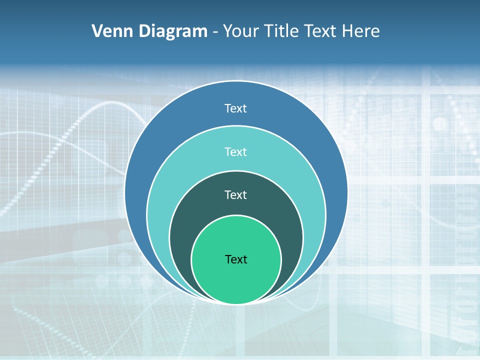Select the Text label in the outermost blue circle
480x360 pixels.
click(236, 108)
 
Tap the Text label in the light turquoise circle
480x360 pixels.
click(236, 151)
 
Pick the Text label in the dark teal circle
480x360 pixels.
click(236, 195)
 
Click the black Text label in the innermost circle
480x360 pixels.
click(236, 259)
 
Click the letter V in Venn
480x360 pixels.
click(97, 31)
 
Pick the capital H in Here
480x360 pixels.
click(347, 31)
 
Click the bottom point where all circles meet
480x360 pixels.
click(236, 303)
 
